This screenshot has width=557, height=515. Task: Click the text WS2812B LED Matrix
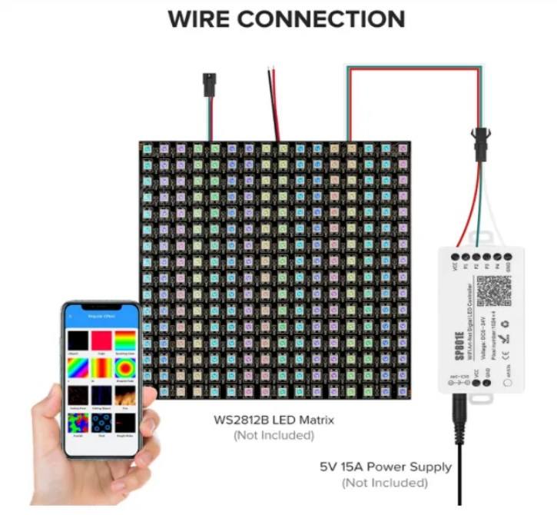(274, 420)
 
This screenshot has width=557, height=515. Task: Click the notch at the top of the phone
(101, 306)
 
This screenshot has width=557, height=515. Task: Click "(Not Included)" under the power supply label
(385, 483)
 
